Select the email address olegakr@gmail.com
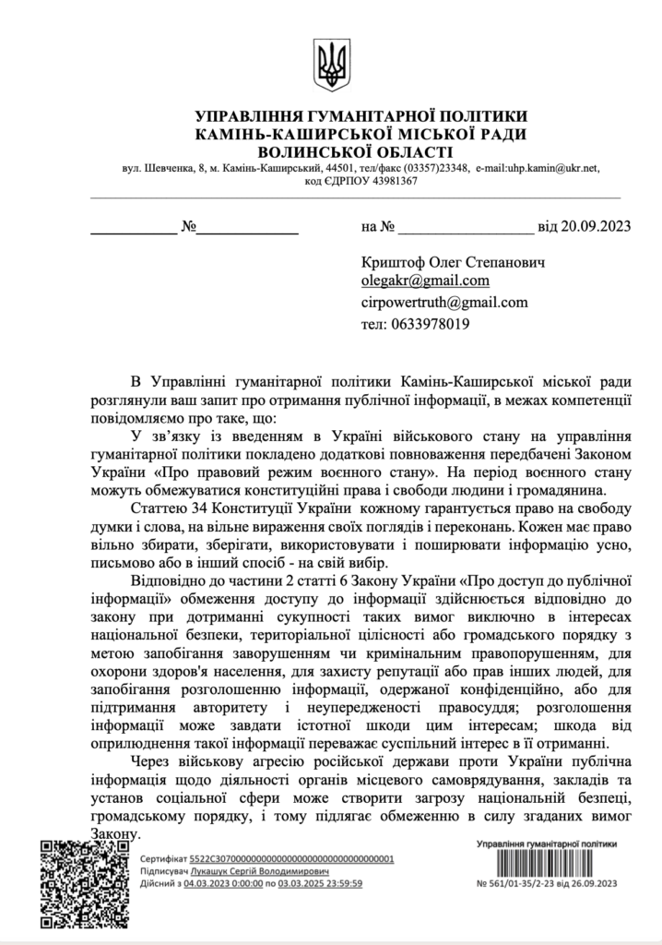coord(425,281)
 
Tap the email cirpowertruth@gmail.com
coord(444,302)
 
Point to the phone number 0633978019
coord(428,324)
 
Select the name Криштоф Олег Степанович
coord(453,262)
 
